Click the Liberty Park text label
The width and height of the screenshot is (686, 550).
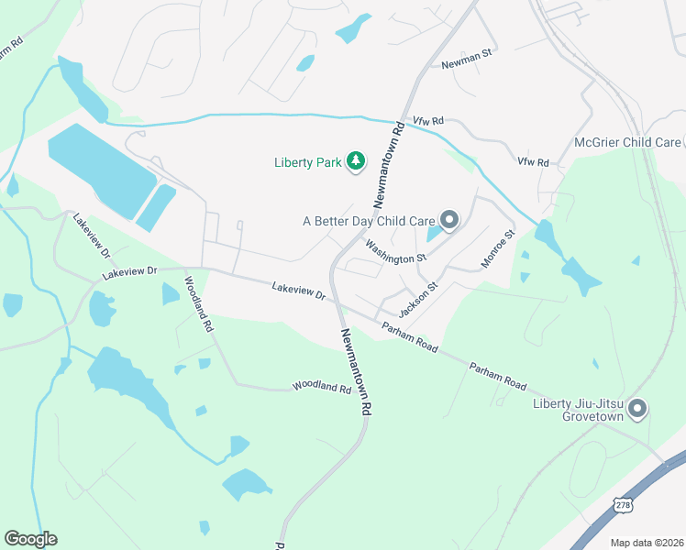coord(307,163)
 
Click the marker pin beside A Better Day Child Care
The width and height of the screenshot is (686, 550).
coord(449,220)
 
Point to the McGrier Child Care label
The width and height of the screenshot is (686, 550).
coord(627,142)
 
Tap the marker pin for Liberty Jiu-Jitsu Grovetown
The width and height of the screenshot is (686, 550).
coord(638,409)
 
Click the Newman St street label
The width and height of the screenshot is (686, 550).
coord(467,64)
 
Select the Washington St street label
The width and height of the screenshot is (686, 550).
coord(396,252)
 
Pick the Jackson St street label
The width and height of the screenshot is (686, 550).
coord(420,298)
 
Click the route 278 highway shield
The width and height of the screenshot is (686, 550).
coord(623,506)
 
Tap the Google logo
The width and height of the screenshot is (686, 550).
coord(30,539)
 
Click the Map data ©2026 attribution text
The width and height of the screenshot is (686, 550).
coord(646,543)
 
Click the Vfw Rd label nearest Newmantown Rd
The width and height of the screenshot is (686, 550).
coord(427,121)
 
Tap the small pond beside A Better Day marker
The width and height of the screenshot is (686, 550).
coord(433,234)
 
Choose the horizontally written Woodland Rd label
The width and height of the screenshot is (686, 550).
coord(322,388)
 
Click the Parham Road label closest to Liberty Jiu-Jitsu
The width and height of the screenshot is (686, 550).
coord(498,374)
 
